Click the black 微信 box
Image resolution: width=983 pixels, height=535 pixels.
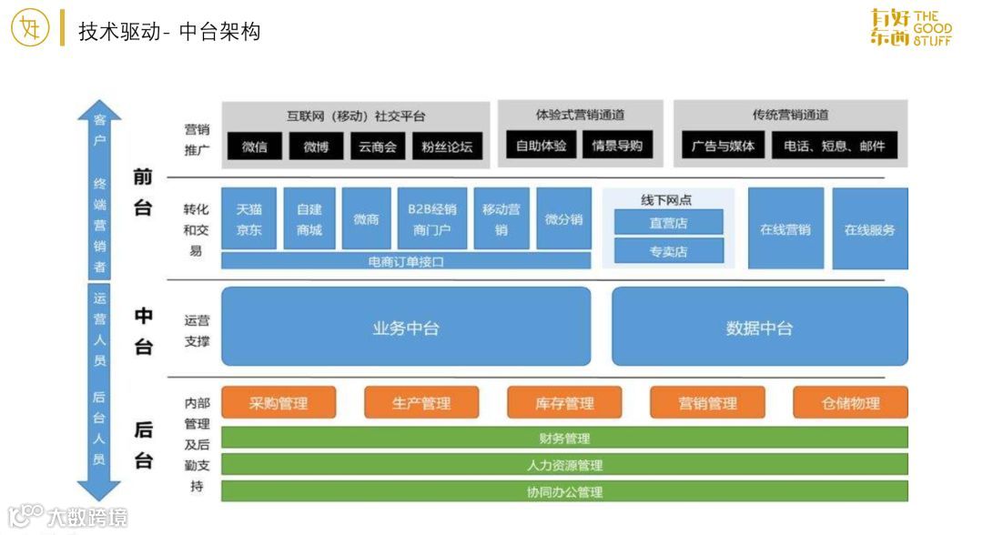(x=255, y=146)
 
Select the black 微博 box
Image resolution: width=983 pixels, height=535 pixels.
(x=316, y=146)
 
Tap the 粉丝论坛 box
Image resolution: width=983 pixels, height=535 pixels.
(x=447, y=146)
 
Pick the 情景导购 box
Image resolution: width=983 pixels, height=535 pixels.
(x=617, y=146)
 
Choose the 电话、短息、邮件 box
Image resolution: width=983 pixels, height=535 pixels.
(x=835, y=146)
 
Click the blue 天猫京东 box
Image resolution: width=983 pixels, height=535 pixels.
(x=248, y=219)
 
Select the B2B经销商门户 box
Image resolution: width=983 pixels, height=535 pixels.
(x=432, y=219)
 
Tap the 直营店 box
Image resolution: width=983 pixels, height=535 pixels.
(x=668, y=223)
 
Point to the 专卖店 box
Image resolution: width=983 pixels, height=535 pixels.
(x=668, y=251)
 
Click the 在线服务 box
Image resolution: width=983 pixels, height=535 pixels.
(x=869, y=229)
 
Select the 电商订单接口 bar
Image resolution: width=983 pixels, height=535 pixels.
(x=406, y=262)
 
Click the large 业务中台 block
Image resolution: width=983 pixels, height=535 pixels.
(x=406, y=328)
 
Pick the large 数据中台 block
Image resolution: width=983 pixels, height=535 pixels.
(x=759, y=328)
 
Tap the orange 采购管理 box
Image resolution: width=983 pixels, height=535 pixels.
(x=279, y=403)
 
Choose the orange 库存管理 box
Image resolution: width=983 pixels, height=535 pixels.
(x=564, y=403)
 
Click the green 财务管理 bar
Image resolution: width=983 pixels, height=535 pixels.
(x=564, y=439)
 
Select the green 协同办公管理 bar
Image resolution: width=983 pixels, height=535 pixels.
(x=564, y=491)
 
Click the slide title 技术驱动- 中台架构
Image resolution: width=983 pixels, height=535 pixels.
(x=169, y=32)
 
